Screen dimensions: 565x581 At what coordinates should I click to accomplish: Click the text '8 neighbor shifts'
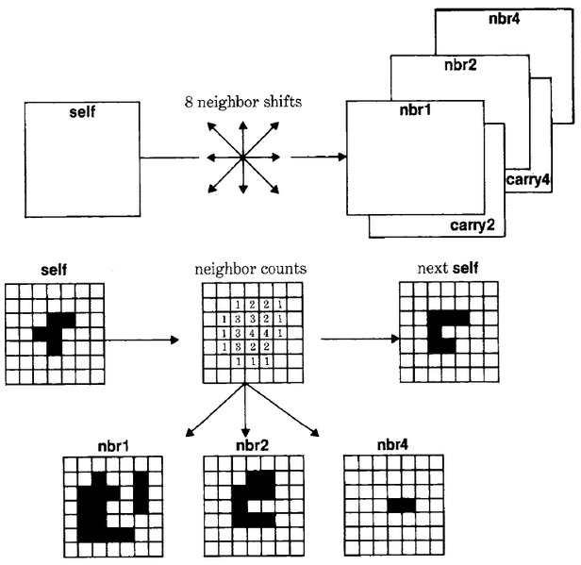[x=243, y=102]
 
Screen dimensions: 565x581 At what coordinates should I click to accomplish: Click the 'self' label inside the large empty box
[x=83, y=113]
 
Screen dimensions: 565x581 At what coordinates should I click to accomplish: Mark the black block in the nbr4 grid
[x=401, y=506]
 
